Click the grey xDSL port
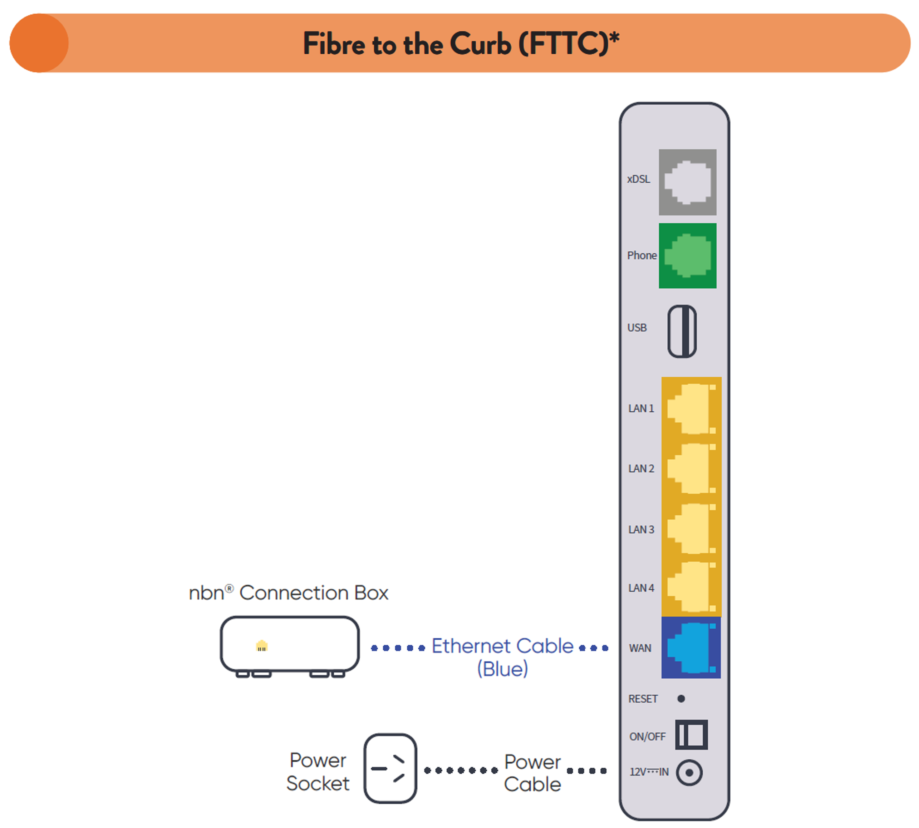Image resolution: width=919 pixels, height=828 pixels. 687,182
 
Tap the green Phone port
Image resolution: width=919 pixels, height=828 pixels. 687,255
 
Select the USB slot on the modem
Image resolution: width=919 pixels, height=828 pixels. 682,331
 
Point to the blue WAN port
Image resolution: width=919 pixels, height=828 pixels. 691,648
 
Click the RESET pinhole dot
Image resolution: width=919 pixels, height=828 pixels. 681,698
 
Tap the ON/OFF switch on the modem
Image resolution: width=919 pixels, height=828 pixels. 691,734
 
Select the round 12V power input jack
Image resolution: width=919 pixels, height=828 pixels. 689,773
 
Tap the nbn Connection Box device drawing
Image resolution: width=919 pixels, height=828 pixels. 290,645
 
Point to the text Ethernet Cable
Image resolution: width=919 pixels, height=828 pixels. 502,646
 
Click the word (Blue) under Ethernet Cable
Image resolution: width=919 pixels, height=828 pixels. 502,669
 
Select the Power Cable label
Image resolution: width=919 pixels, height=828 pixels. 532,773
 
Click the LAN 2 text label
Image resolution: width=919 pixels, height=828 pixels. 641,468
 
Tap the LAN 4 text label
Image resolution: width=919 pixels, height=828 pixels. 641,588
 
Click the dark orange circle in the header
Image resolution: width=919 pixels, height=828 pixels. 39,43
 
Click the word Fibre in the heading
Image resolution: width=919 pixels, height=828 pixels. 334,44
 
